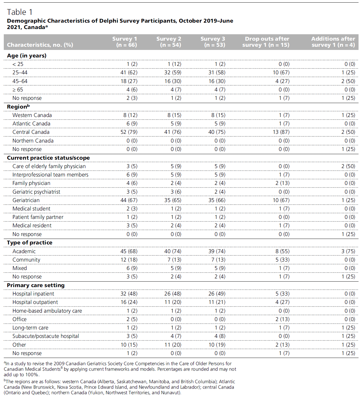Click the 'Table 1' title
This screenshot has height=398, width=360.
tap(20, 12)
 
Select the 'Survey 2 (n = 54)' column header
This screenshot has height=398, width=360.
tap(169, 42)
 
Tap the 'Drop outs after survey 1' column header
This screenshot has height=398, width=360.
tap(267, 42)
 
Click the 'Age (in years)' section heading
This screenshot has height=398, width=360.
tap(27, 55)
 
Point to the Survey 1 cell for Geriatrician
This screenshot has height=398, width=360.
tap(129, 200)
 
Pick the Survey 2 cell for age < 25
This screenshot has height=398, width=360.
tap(174, 64)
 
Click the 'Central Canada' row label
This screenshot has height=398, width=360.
tap(31, 132)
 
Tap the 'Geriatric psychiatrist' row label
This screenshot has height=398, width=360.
tap(36, 192)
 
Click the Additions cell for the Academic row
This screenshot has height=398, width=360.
tap(348, 251)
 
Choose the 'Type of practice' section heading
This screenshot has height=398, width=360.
tap(30, 243)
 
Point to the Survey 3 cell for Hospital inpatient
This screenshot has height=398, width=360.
tap(217, 293)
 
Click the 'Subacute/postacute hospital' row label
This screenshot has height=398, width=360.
tap(46, 336)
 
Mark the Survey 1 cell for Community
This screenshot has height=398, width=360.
tap(129, 260)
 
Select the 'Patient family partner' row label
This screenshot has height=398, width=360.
tap(38, 217)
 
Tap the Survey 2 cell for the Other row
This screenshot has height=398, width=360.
tap(173, 345)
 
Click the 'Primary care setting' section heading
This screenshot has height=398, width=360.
tap(36, 285)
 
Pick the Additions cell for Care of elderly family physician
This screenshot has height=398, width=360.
tap(348, 166)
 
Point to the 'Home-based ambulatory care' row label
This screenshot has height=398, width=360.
tap(47, 311)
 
